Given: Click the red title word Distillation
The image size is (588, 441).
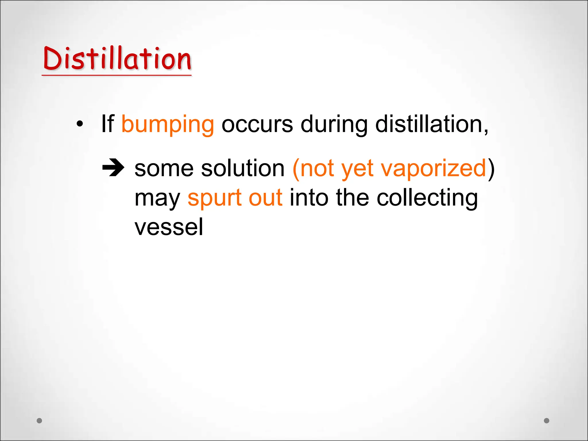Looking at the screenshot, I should tap(117, 59).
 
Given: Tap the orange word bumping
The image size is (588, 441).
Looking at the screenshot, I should tap(168, 125).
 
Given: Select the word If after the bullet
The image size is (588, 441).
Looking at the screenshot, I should tap(108, 124).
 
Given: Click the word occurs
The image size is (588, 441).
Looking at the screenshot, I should tap(257, 125).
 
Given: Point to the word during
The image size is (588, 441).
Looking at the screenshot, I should tap(334, 125).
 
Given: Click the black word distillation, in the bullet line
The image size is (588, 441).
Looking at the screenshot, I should tap(432, 125).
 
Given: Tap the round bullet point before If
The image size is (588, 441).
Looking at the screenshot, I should tap(80, 124).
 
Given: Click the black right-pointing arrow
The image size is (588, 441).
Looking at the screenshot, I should tap(113, 167).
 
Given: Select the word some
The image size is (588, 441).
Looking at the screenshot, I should tap(164, 169).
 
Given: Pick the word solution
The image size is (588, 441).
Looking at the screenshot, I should tap(243, 169).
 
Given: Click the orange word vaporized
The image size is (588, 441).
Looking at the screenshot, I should tap(433, 169).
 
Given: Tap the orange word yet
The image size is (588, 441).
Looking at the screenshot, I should tap(357, 169).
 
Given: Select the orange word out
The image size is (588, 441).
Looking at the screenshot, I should tap(266, 198).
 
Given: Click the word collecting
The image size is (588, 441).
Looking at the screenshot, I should tap(427, 198).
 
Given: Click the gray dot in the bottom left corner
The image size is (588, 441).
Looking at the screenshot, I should tap(40, 421).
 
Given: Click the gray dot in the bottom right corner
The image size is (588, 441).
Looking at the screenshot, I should tap(547, 421).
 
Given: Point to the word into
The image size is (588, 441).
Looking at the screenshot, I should tap(309, 198).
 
